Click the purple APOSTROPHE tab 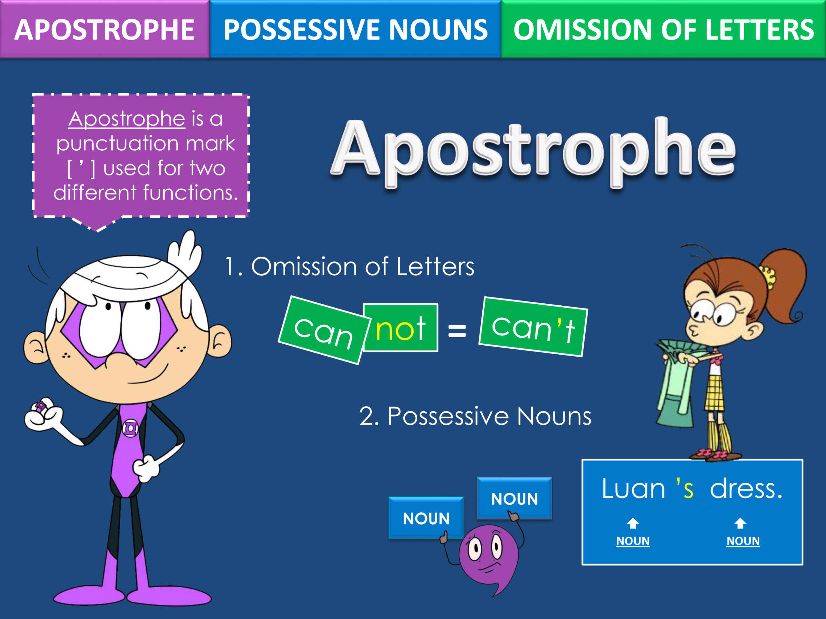(105, 29)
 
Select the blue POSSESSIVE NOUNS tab (355, 29)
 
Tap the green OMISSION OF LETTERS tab (663, 29)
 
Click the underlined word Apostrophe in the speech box (126, 119)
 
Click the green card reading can (324, 330)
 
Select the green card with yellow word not (401, 328)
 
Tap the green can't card (533, 327)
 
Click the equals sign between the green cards (457, 330)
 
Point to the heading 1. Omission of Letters (349, 266)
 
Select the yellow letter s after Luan (688, 490)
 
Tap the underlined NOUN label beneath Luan (633, 541)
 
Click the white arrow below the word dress (740, 523)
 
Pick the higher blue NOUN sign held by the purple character (515, 498)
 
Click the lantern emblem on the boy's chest (131, 428)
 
